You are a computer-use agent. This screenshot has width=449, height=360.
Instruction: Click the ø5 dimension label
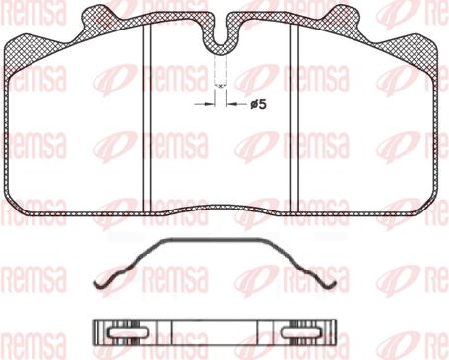coord(258,105)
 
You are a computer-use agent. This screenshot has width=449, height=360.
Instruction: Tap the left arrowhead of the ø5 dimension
coord(210,104)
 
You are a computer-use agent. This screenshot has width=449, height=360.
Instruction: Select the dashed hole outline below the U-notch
coord(221,71)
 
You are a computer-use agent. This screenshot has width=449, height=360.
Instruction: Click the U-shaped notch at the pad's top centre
coord(221,36)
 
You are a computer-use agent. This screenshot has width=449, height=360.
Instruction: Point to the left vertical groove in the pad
coord(147,119)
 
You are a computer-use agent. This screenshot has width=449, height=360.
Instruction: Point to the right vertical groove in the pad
coord(294,119)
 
